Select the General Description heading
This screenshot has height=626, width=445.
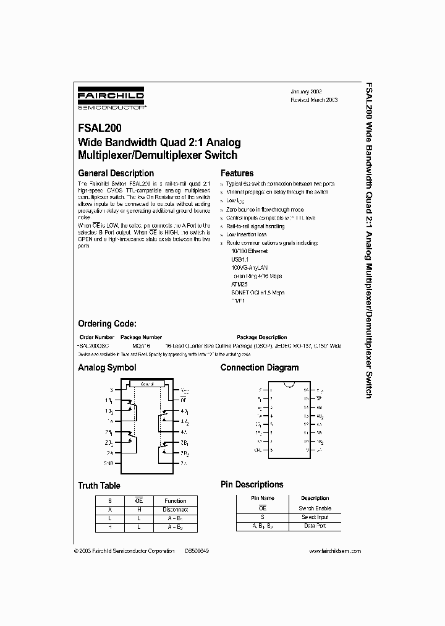tap(116, 173)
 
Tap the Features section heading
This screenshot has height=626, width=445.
tap(237, 173)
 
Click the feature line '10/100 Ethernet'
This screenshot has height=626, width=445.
tap(246, 252)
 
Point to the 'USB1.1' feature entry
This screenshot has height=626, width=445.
tap(240, 260)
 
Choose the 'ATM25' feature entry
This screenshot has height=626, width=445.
tap(239, 284)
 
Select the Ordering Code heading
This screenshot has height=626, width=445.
tap(107, 324)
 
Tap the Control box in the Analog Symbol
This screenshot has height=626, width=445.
tap(148, 384)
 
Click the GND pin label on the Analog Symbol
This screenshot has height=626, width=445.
tap(109, 463)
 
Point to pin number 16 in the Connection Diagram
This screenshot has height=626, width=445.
tap(305, 390)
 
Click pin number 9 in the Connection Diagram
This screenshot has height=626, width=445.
tap(307, 450)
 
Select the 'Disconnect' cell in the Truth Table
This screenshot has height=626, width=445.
tap(175, 510)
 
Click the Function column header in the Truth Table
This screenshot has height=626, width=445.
tap(175, 500)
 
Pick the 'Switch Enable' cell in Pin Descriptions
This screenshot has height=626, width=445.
tap(315, 508)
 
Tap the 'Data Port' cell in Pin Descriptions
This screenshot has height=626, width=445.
tap(315, 526)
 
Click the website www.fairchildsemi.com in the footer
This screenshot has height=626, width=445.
tap(334, 551)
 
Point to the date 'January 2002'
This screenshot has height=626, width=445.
tap(307, 91)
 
